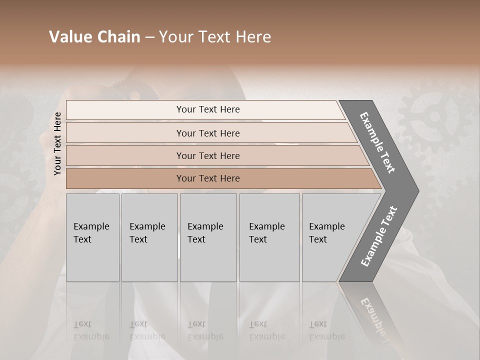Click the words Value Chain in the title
(94, 37)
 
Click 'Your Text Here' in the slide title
(215, 37)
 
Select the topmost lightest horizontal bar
(205, 109)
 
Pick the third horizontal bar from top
(215, 155)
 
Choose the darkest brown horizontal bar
(220, 178)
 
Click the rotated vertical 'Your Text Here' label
(57, 143)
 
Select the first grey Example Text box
(92, 237)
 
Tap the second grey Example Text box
(149, 237)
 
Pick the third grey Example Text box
(208, 237)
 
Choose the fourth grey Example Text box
(269, 237)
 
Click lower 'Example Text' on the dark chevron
(379, 236)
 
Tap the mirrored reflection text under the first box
(91, 330)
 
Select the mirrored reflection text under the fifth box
(326, 330)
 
